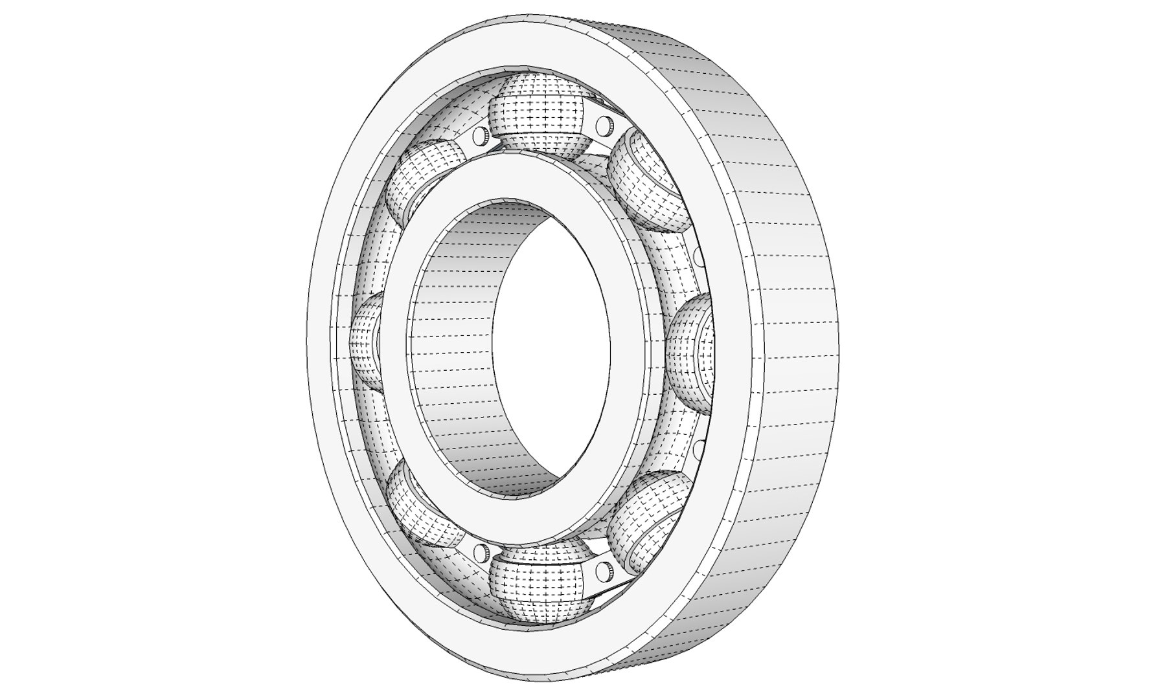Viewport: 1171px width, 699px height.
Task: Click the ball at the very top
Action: coord(540,113)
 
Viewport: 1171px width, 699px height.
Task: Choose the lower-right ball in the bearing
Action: coord(648,515)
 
